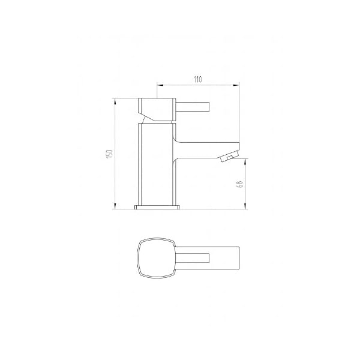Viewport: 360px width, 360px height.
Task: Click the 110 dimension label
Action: click(x=197, y=79)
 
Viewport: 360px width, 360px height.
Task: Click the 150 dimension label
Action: click(x=110, y=154)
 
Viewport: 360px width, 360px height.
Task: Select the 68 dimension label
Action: click(x=239, y=184)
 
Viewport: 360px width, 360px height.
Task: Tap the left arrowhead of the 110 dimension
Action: click(x=160, y=85)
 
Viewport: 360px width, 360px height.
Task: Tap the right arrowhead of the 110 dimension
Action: click(x=236, y=85)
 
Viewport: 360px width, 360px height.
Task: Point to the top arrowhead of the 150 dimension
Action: click(x=115, y=101)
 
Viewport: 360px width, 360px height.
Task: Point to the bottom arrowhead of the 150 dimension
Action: click(x=115, y=206)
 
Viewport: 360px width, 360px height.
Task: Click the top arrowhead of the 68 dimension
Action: click(x=245, y=161)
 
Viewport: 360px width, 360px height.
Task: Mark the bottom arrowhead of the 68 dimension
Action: click(x=245, y=206)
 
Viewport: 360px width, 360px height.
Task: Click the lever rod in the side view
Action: click(x=193, y=107)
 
